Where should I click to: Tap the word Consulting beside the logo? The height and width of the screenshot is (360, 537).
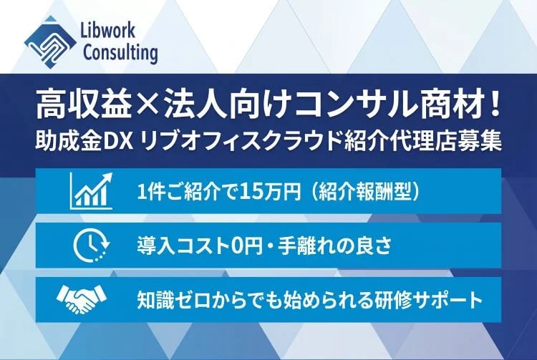click(120, 52)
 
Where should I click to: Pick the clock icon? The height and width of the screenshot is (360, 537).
click(89, 245)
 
